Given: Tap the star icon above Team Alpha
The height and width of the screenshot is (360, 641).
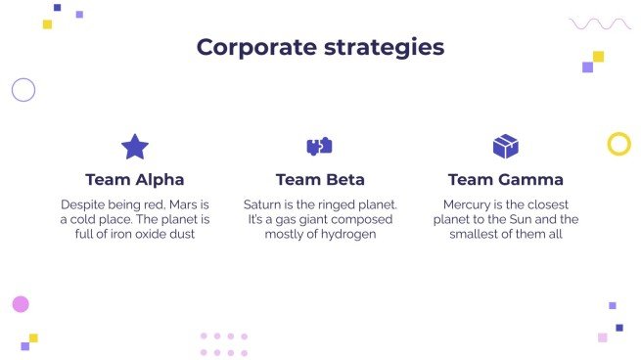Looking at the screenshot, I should pyautogui.click(x=135, y=147).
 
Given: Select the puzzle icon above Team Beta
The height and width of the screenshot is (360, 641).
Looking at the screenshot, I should pyautogui.click(x=320, y=147).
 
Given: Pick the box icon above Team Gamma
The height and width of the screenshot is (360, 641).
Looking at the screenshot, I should pyautogui.click(x=505, y=147).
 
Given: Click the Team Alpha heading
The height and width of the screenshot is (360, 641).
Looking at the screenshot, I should pyautogui.click(x=135, y=180).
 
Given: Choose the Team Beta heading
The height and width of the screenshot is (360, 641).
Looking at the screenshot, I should pyautogui.click(x=320, y=180).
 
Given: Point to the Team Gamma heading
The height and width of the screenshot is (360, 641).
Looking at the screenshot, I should pyautogui.click(x=505, y=180).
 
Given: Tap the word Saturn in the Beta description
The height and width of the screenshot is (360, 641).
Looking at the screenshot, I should pyautogui.click(x=264, y=204).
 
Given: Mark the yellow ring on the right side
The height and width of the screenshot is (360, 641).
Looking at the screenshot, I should pyautogui.click(x=618, y=145).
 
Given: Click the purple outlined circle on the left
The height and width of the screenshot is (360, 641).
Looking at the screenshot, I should pyautogui.click(x=23, y=90).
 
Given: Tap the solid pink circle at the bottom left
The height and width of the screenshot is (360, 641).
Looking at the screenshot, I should pyautogui.click(x=21, y=304).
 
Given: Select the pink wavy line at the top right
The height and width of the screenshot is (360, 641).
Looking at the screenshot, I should pyautogui.click(x=600, y=23).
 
